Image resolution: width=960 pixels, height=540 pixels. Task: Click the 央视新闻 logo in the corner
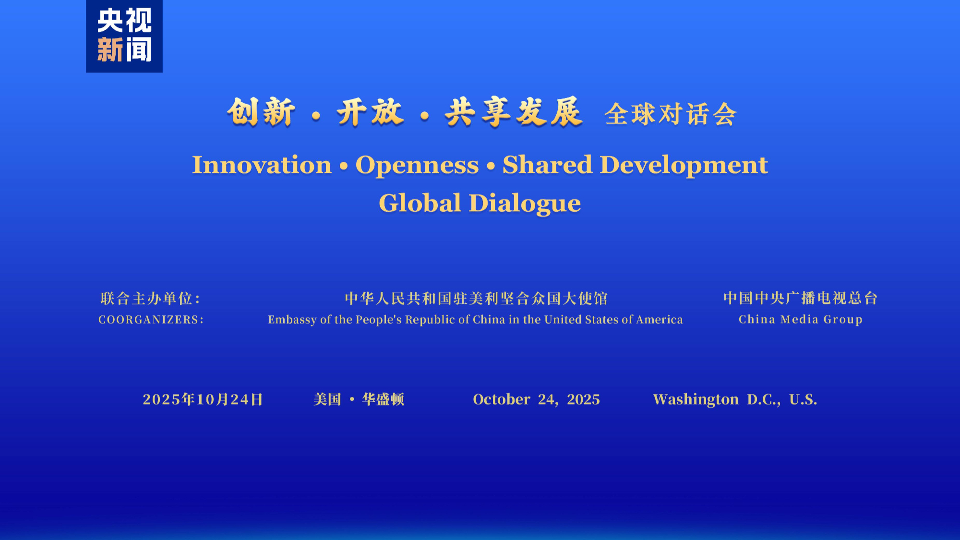click(124, 36)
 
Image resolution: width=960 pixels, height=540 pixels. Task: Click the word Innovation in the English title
click(262, 165)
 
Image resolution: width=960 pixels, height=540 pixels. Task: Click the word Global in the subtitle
click(420, 203)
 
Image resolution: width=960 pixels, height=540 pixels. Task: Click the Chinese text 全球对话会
click(670, 114)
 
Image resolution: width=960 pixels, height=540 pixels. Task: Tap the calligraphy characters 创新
click(261, 112)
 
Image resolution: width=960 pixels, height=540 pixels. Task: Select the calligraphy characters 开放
click(370, 112)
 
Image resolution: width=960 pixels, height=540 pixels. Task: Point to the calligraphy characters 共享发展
click(513, 112)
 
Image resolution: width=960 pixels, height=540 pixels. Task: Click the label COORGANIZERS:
click(151, 320)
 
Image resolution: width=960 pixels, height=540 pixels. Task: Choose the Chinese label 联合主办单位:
click(150, 299)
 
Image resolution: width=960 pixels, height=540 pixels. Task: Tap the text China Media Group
click(801, 320)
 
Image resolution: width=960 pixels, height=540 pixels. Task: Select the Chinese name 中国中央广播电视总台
click(801, 298)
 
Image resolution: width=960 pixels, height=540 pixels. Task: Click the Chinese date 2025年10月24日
click(203, 399)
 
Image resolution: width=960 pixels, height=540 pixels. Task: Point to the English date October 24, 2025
click(536, 399)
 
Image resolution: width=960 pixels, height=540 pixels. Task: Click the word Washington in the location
click(696, 400)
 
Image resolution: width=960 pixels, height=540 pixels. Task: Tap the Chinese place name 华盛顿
click(383, 399)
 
